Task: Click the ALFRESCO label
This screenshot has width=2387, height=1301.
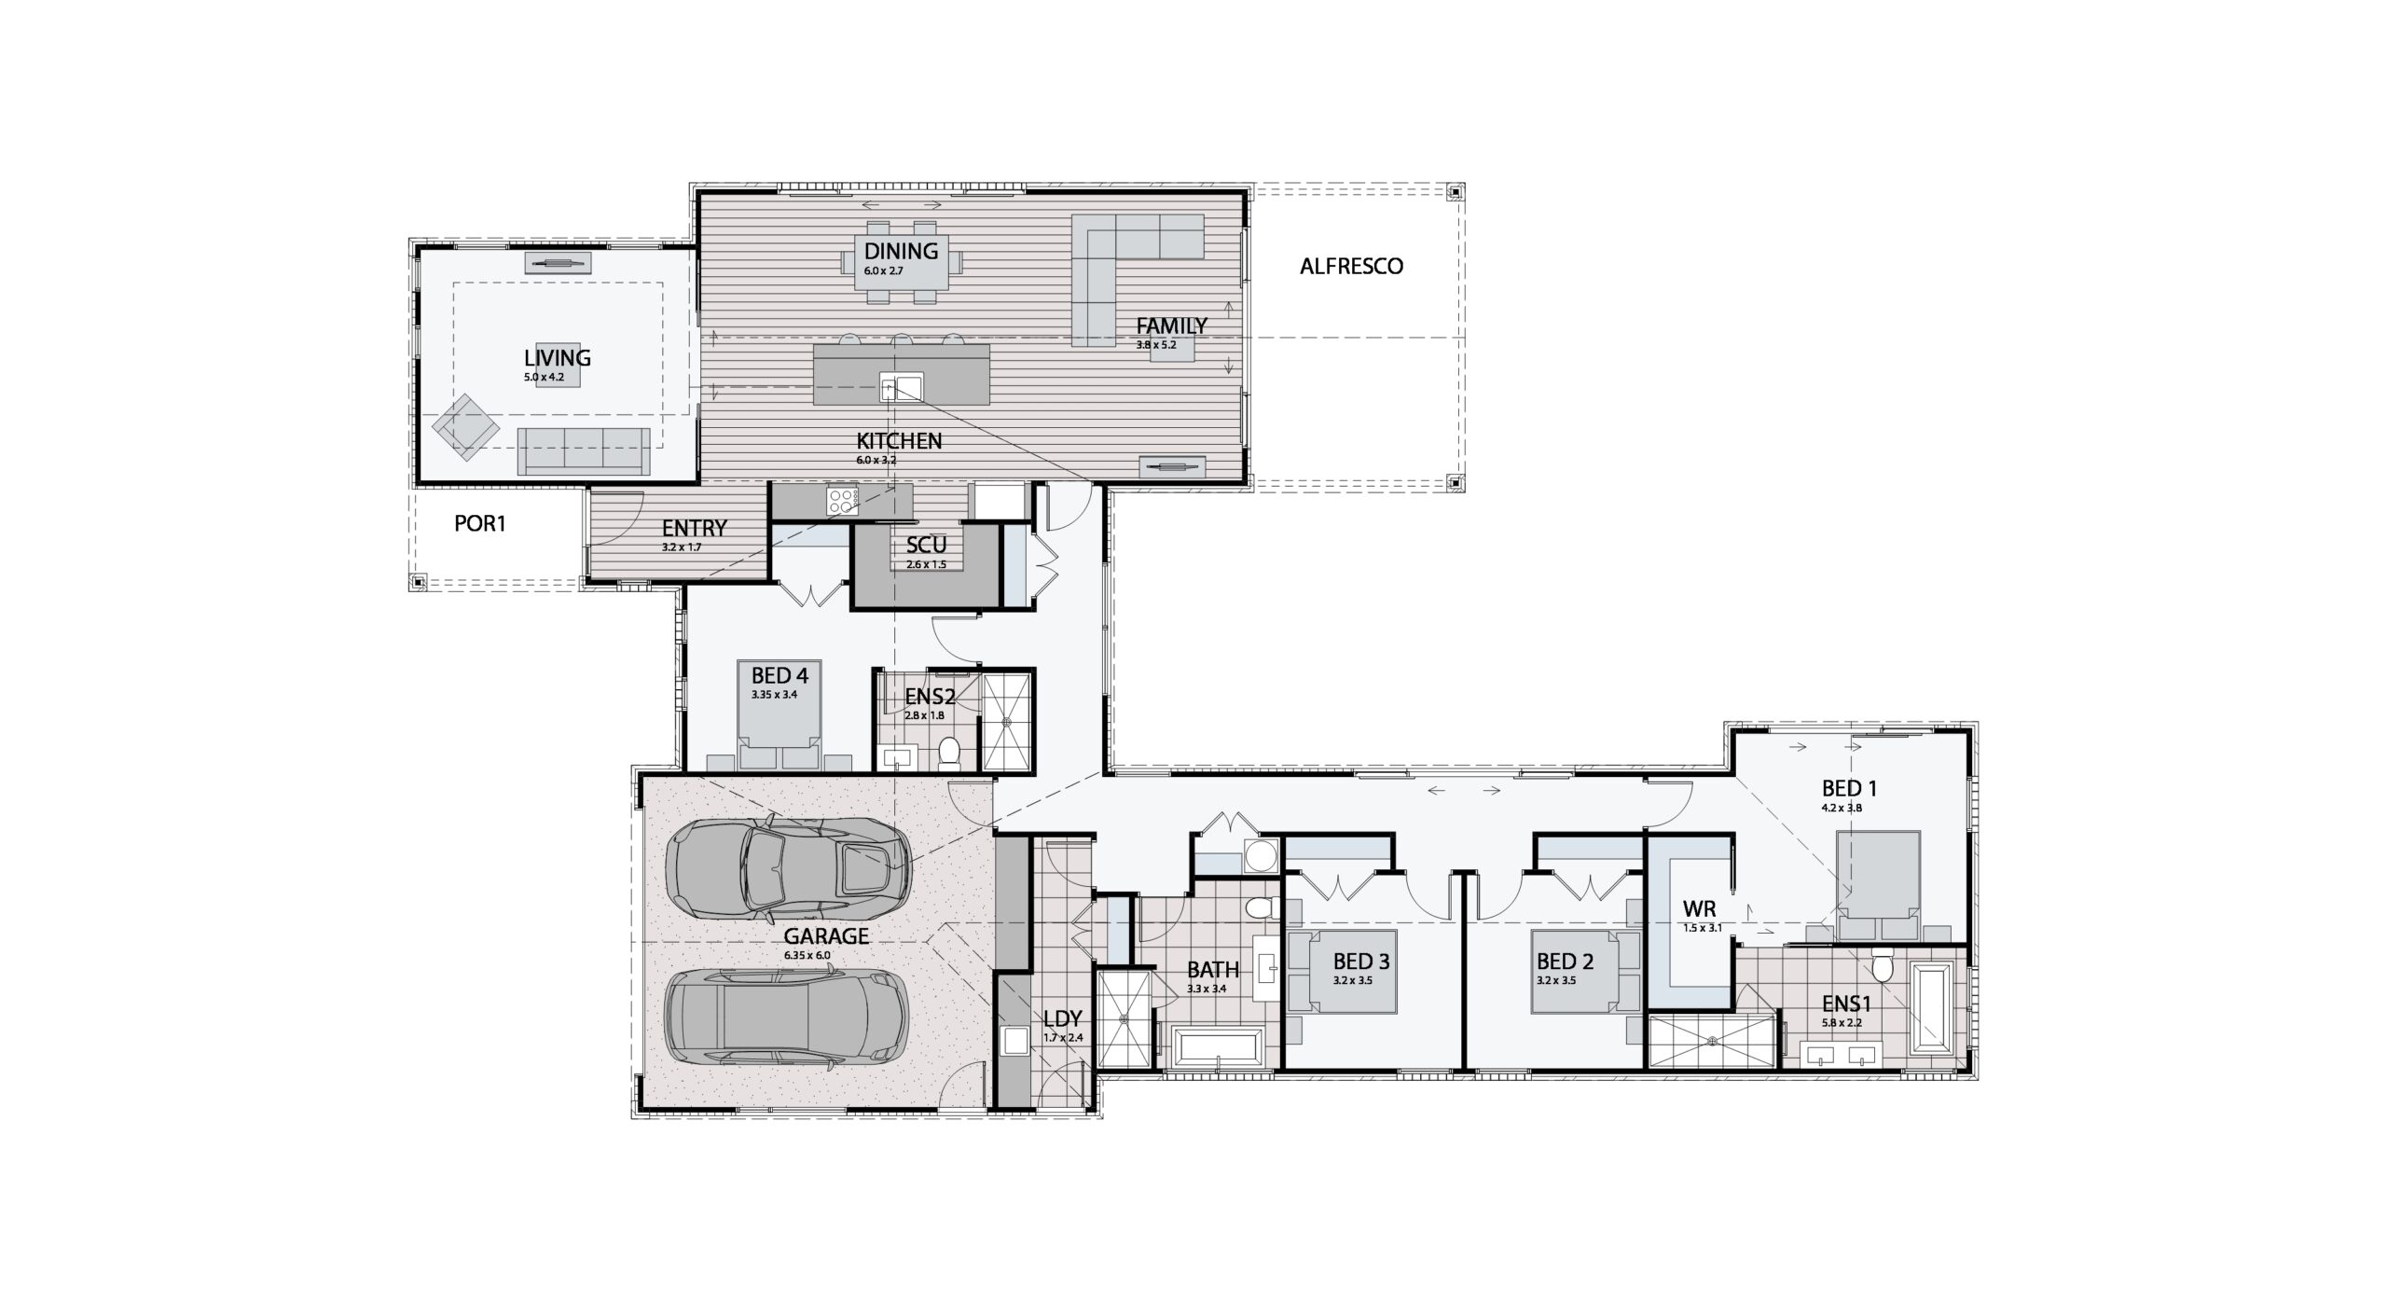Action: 1351,267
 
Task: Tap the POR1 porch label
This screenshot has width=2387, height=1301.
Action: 479,524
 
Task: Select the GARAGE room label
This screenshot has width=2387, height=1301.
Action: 826,936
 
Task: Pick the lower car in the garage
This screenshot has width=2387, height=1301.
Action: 786,1016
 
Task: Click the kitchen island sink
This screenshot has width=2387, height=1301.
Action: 901,385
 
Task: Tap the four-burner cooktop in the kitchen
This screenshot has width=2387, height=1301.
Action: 842,500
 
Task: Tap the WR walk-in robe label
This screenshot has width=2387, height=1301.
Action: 1699,909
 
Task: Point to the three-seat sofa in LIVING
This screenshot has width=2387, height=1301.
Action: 584,451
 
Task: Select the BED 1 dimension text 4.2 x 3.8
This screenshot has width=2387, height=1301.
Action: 1842,808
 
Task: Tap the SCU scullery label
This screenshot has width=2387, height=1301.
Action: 926,546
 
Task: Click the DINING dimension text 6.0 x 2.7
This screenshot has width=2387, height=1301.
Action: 884,270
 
